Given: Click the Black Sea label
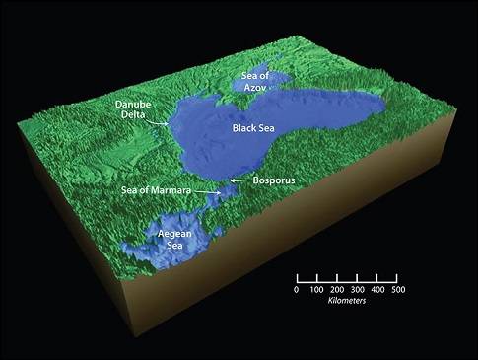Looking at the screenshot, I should coord(255,129).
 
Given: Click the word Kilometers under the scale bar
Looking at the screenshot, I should coord(347,300).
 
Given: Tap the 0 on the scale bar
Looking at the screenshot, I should coord(297,289).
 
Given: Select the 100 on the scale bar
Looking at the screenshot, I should coord(316,289).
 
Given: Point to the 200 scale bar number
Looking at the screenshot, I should coord(337,289).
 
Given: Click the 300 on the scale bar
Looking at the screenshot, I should coord(357,289).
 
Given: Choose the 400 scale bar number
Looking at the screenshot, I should coord(377,289).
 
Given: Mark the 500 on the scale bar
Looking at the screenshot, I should coord(397,289).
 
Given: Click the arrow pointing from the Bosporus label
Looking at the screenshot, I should coord(237,181).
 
